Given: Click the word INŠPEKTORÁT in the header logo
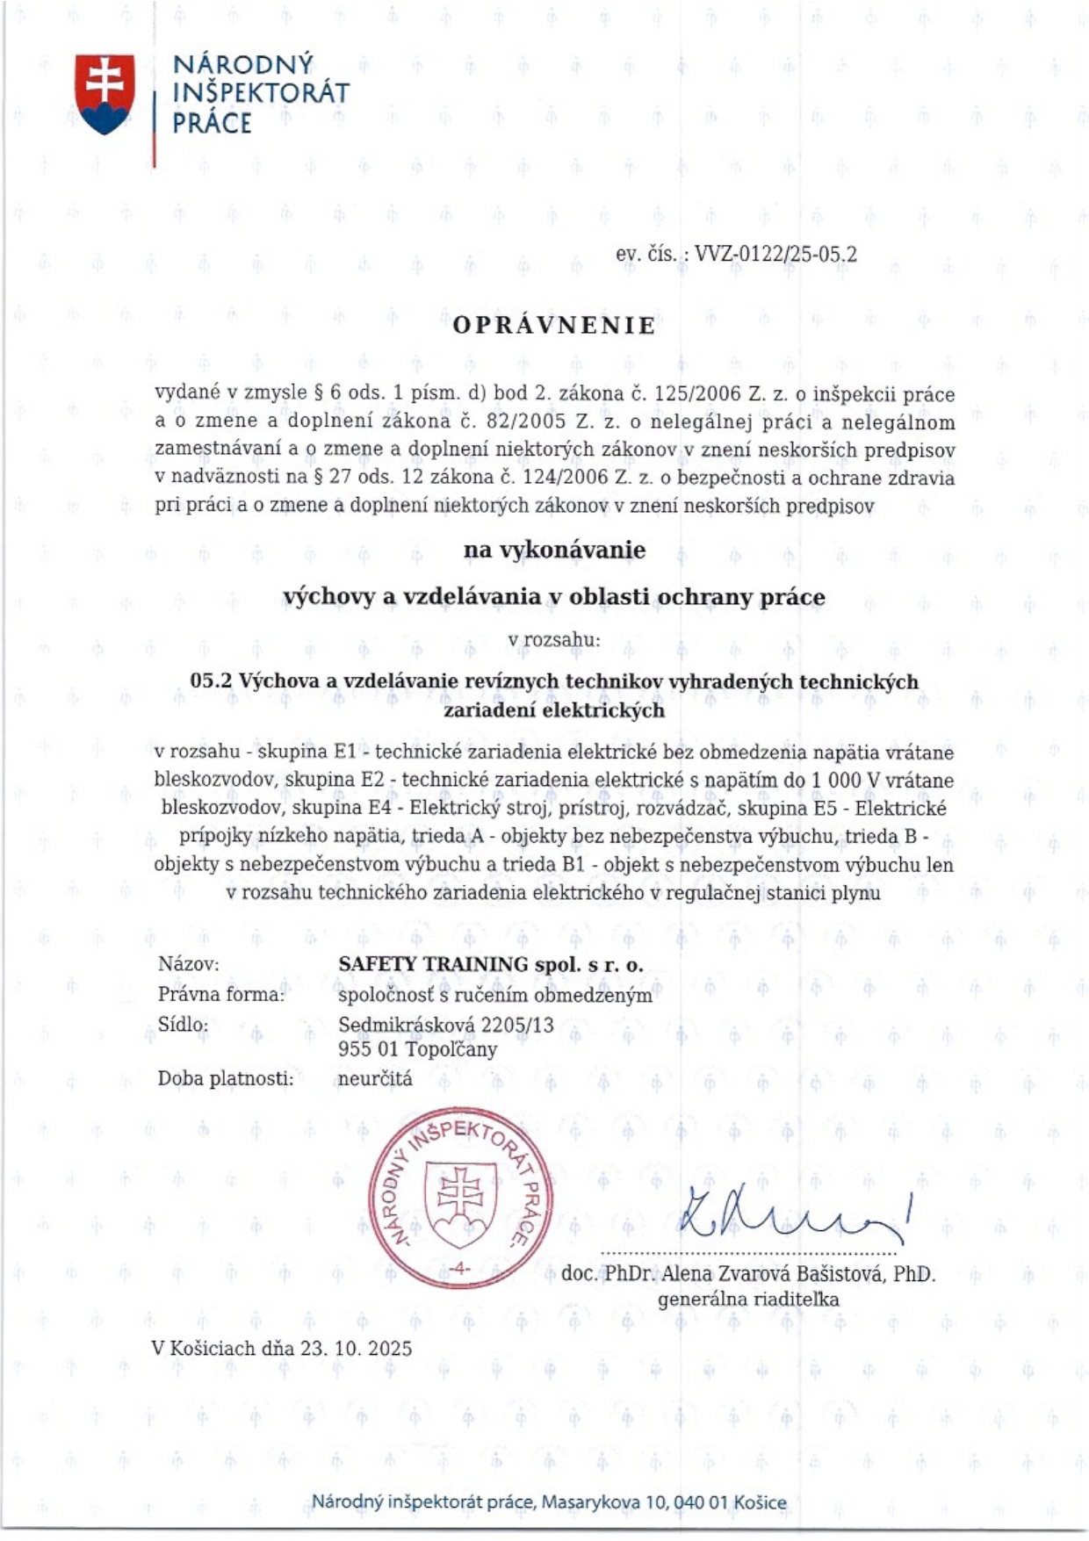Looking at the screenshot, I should [261, 93].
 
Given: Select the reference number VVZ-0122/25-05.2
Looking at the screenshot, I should [775, 255].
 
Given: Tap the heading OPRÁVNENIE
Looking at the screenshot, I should [554, 326].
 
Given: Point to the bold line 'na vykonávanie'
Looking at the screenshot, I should [554, 551].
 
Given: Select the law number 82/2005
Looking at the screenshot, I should [526, 422].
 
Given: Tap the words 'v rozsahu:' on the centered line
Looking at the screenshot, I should [554, 640].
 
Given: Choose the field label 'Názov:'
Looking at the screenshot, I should [188, 964].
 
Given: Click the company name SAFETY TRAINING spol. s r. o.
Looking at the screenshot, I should [491, 964].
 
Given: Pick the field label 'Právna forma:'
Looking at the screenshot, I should [221, 994].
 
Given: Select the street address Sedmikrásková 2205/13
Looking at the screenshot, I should [445, 1024].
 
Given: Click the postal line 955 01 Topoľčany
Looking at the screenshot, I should [417, 1049].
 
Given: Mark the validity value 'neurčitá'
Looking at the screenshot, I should [374, 1078].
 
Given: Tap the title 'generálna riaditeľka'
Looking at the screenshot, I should [748, 1299].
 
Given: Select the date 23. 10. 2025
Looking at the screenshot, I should [356, 1348].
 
